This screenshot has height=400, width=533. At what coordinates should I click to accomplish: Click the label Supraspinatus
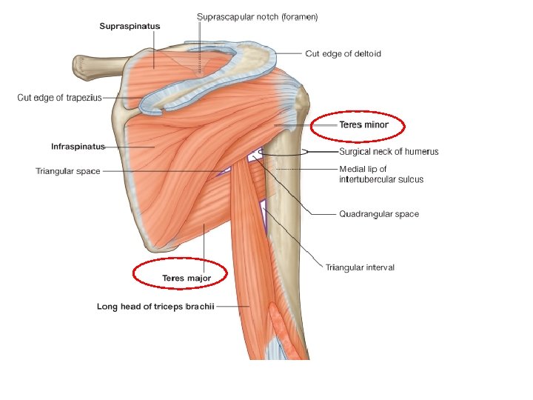coord(130,27)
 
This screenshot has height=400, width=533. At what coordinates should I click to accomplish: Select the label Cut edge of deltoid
coord(343,53)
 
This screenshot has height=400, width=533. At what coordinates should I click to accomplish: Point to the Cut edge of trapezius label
coord(59,97)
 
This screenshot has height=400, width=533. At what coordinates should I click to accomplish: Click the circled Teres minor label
coord(363,124)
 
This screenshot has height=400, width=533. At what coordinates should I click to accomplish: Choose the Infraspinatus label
coord(78,146)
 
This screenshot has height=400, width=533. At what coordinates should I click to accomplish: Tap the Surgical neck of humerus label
coord(389,152)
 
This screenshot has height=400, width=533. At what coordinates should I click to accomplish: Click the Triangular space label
coord(68,171)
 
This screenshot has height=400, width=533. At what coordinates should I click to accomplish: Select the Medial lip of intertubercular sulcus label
coord(381,174)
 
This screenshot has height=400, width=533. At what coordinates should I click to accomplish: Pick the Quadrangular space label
coord(378,214)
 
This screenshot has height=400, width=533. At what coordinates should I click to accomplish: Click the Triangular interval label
coord(360,267)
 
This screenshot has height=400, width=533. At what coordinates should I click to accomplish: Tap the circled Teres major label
coord(187,279)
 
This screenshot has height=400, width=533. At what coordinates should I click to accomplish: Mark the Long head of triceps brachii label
coord(155,306)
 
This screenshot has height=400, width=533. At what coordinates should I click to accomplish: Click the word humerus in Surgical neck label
coord(420,152)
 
